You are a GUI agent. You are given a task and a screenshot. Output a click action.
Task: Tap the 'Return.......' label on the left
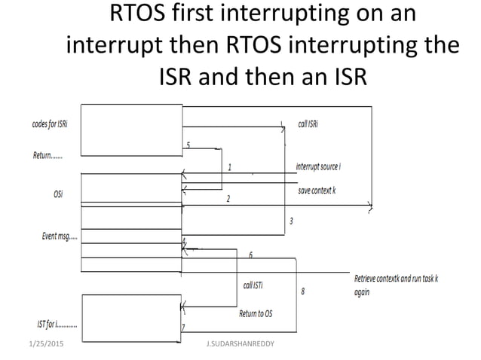coord(47,157)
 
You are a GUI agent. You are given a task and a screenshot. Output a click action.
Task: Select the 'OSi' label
coord(58,194)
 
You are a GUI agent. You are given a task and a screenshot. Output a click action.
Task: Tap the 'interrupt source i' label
coord(318,166)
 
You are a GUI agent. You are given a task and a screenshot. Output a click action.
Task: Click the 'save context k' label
coord(317,191)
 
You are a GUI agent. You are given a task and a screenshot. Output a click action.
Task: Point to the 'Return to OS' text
coord(256,313)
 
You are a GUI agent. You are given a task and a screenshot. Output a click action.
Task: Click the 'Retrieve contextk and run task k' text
coord(396,279)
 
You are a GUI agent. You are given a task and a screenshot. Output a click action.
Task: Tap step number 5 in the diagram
coord(188,144)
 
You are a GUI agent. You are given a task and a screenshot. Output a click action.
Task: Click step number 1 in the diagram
coord(229,167)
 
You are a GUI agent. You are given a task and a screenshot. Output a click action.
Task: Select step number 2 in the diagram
coord(228,199)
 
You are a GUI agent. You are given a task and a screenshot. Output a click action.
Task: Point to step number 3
coord(291,221)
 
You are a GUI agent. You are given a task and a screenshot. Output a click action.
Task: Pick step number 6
coord(250,255)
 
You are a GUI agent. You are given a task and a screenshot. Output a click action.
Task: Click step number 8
coord(302,291)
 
